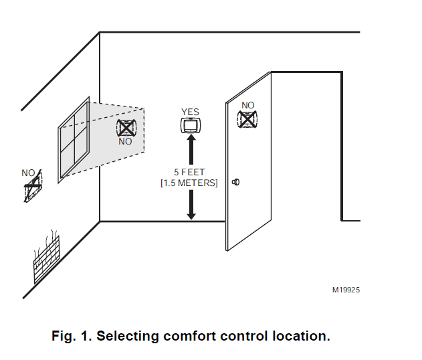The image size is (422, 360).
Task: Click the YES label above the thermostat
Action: pos(191,112)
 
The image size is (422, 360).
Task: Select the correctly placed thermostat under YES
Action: pos(191,125)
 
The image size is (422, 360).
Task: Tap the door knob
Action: pos(235,181)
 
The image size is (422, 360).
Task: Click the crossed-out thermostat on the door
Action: pos(248,119)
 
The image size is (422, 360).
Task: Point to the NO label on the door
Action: pos(248,105)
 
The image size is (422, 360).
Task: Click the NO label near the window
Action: pos(126,141)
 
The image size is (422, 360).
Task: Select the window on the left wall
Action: pos(74,139)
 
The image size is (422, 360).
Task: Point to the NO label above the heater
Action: pos(28,173)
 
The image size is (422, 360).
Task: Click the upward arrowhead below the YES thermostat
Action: pos(191,141)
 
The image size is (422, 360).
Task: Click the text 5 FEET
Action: pos(189,172)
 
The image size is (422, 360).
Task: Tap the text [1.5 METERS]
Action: pos(189,182)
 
